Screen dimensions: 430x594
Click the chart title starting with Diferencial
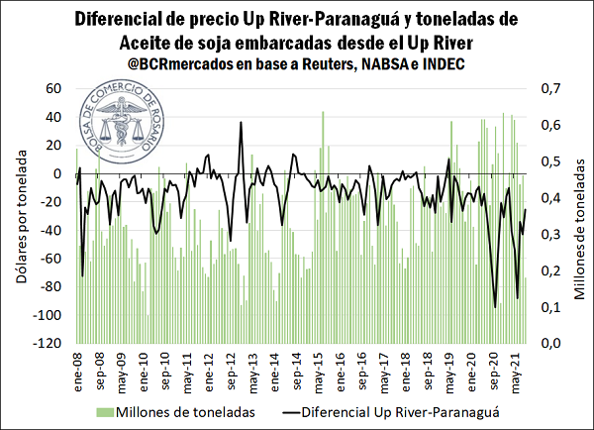297,30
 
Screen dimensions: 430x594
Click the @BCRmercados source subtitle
297,64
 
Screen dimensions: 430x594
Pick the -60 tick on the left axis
49,260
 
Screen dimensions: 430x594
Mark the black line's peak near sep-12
241,123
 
